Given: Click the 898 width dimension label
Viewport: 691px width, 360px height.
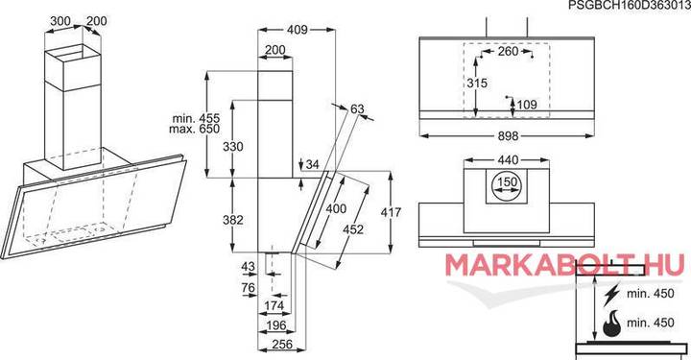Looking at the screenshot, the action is click(508, 136).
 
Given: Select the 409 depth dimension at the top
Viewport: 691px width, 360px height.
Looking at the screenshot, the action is click(297, 30).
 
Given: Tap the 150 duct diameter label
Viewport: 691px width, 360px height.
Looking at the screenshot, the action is click(508, 182).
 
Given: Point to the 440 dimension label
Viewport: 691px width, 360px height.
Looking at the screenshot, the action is click(508, 159).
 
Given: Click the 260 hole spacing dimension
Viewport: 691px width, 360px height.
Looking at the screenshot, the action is click(508, 51).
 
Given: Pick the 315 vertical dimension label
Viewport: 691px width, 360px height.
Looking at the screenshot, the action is click(477, 83).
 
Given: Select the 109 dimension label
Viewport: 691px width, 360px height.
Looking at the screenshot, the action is click(527, 105).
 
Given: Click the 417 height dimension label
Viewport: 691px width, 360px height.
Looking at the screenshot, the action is click(391, 212).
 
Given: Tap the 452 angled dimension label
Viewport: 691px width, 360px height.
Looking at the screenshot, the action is click(353, 229).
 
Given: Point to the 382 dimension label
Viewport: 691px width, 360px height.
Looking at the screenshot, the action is click(232, 220).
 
